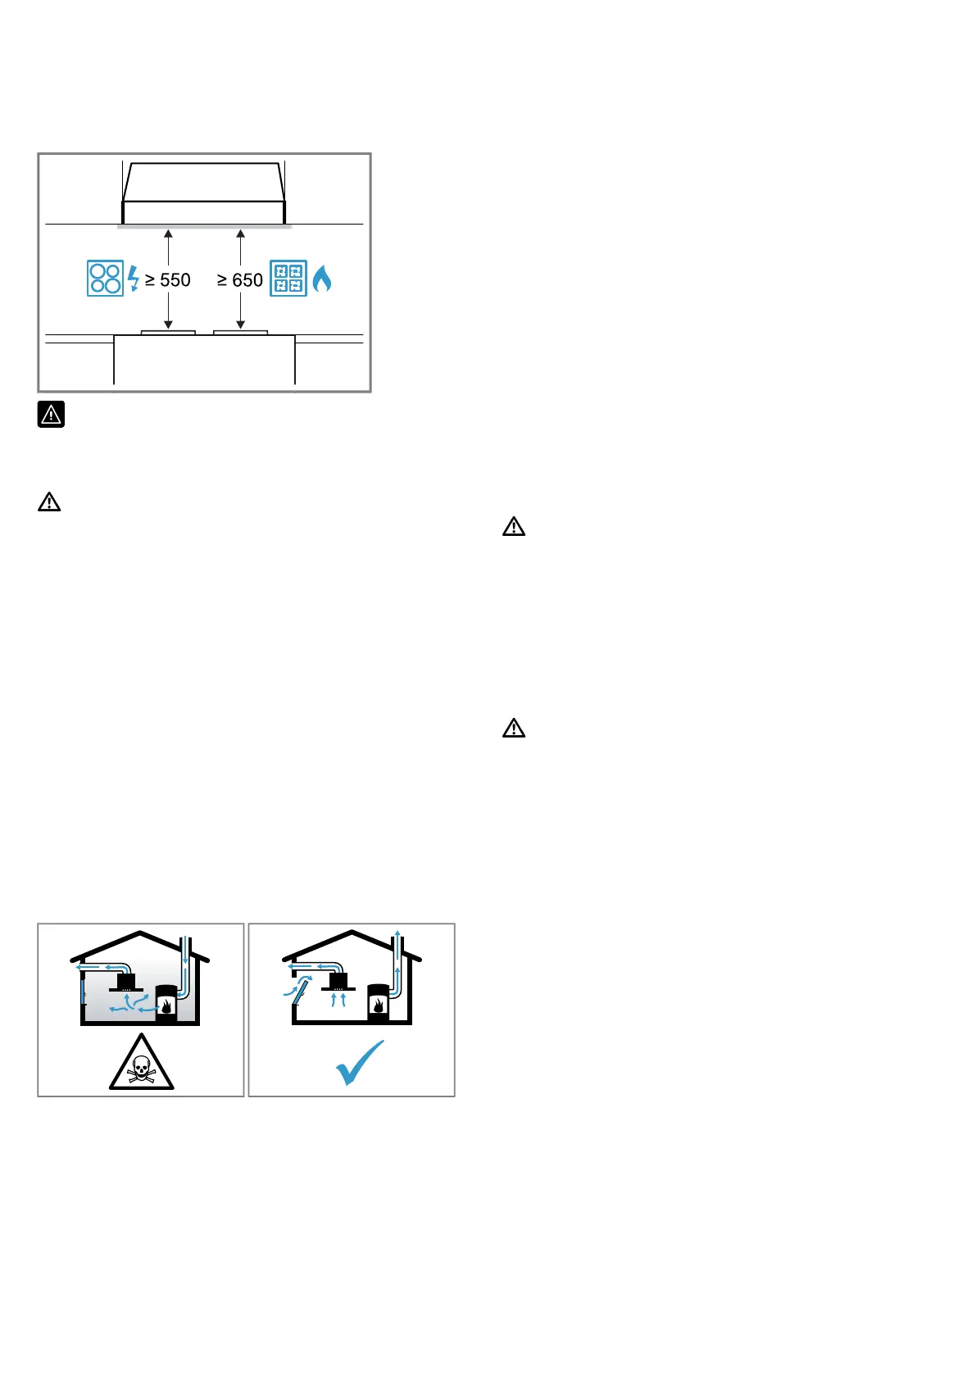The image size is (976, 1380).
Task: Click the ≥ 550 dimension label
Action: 168,280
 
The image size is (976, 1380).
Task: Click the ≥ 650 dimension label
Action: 239,280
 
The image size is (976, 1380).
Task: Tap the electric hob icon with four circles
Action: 105,279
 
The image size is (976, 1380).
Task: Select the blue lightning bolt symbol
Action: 134,279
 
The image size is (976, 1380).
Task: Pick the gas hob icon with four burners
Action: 288,279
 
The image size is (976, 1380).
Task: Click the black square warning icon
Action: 51,415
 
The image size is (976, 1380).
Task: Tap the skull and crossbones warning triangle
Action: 142,1064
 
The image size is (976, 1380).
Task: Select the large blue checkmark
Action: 360,1063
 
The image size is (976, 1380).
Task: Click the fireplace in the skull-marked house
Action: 166,1002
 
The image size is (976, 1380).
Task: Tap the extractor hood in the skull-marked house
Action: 127,982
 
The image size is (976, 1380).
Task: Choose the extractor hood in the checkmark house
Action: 338,982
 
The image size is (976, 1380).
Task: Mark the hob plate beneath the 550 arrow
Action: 168,332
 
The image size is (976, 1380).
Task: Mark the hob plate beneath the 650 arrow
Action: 240,332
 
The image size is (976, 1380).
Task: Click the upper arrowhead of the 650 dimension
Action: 240,234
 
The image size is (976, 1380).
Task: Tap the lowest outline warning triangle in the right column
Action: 514,728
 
